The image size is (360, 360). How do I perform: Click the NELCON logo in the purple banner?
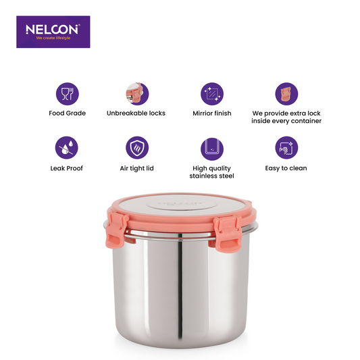point(53,30)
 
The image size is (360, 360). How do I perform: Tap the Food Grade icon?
point(67,93)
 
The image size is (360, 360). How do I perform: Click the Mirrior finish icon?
point(211,93)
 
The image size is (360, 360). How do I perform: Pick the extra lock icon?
point(283,93)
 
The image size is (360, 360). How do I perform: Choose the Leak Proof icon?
point(67,147)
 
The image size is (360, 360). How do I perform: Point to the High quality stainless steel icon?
point(211,147)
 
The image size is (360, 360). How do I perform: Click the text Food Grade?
point(67,113)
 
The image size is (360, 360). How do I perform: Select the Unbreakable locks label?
point(136,113)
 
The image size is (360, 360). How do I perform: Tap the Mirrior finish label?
point(212,113)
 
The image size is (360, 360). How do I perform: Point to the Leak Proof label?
point(67,168)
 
